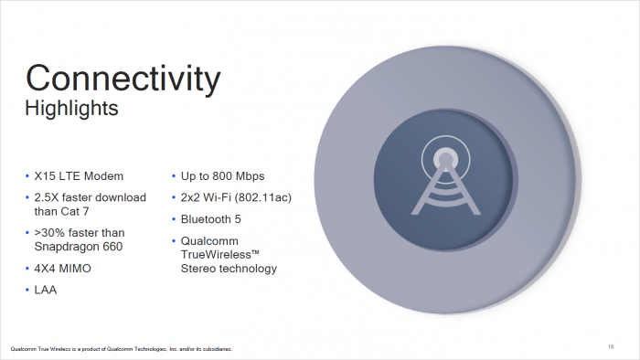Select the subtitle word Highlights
[x=71, y=110]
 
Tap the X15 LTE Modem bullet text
[x=79, y=175]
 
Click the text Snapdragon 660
[x=80, y=247]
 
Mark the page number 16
[x=610, y=346]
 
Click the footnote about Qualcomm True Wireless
[x=121, y=348]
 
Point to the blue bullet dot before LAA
[x=27, y=291]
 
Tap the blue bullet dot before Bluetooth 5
[x=174, y=219]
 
